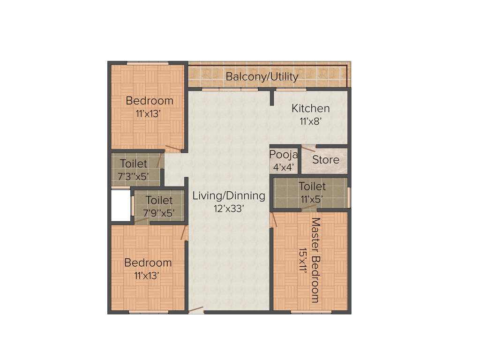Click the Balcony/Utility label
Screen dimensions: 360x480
pyautogui.click(x=262, y=76)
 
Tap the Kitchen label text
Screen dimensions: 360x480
pyautogui.click(x=310, y=108)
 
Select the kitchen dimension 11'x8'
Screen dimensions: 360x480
pyautogui.click(x=310, y=121)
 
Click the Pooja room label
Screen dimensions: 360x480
pyautogui.click(x=284, y=154)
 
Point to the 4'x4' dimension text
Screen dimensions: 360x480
pyautogui.click(x=284, y=166)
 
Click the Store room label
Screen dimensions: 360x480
pyautogui.click(x=326, y=160)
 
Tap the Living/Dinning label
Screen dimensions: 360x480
pyautogui.click(x=229, y=195)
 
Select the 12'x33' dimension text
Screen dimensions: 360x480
pyautogui.click(x=229, y=209)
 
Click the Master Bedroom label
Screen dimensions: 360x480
pyautogui.click(x=315, y=260)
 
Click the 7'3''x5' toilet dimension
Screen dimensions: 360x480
pyautogui.click(x=133, y=176)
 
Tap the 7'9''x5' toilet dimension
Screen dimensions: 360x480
pyautogui.click(x=159, y=212)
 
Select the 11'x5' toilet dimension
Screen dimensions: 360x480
pyautogui.click(x=312, y=198)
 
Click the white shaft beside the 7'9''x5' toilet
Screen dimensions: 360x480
pyautogui.click(x=120, y=204)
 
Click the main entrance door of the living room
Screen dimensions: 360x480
pyautogui.click(x=196, y=310)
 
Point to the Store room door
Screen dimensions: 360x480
pyautogui.click(x=308, y=148)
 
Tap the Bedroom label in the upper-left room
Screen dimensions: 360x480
pyautogui.click(x=150, y=101)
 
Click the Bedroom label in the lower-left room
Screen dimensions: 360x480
pyautogui.click(x=148, y=263)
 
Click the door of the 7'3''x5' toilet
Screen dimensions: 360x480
pyautogui.click(x=160, y=160)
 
